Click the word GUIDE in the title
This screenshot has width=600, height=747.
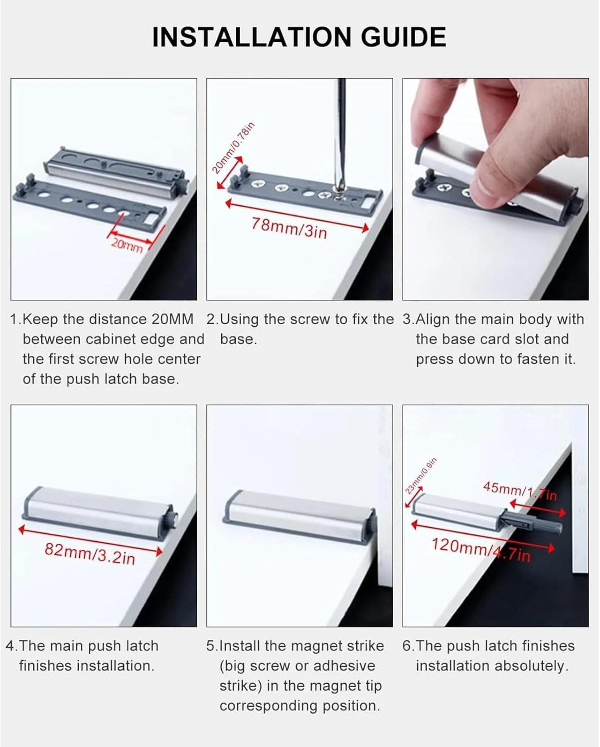[403, 37]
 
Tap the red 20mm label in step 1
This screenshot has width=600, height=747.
[127, 246]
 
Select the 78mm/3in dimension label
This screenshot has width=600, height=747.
[290, 229]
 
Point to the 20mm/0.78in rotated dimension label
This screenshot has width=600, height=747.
[233, 147]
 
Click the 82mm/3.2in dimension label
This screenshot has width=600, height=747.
[90, 554]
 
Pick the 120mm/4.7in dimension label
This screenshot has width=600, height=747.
[481, 549]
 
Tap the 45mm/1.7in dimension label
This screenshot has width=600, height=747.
[520, 491]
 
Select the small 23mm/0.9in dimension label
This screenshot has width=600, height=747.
[421, 476]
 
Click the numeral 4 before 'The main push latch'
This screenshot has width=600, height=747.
[10, 646]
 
